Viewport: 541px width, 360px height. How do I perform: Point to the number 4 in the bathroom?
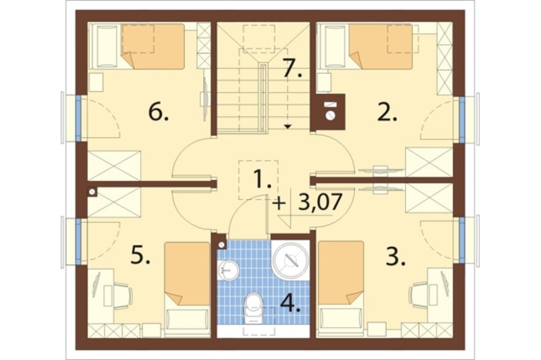coord(291,303)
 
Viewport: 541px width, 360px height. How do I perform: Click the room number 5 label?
coord(141,255)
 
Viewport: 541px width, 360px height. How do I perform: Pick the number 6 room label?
coord(159,112)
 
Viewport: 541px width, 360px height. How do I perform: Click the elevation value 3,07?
coord(320,202)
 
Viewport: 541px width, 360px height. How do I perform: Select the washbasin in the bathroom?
coord(228,270)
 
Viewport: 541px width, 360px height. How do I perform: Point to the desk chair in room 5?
coord(122,295)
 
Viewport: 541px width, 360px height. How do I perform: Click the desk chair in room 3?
coord(419,294)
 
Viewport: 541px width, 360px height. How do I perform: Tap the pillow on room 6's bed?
coord(107,46)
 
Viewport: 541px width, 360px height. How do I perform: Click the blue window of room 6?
coord(78,118)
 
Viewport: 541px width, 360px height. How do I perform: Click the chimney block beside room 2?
coord(329,111)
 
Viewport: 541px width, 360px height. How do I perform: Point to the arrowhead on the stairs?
coord(288,126)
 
